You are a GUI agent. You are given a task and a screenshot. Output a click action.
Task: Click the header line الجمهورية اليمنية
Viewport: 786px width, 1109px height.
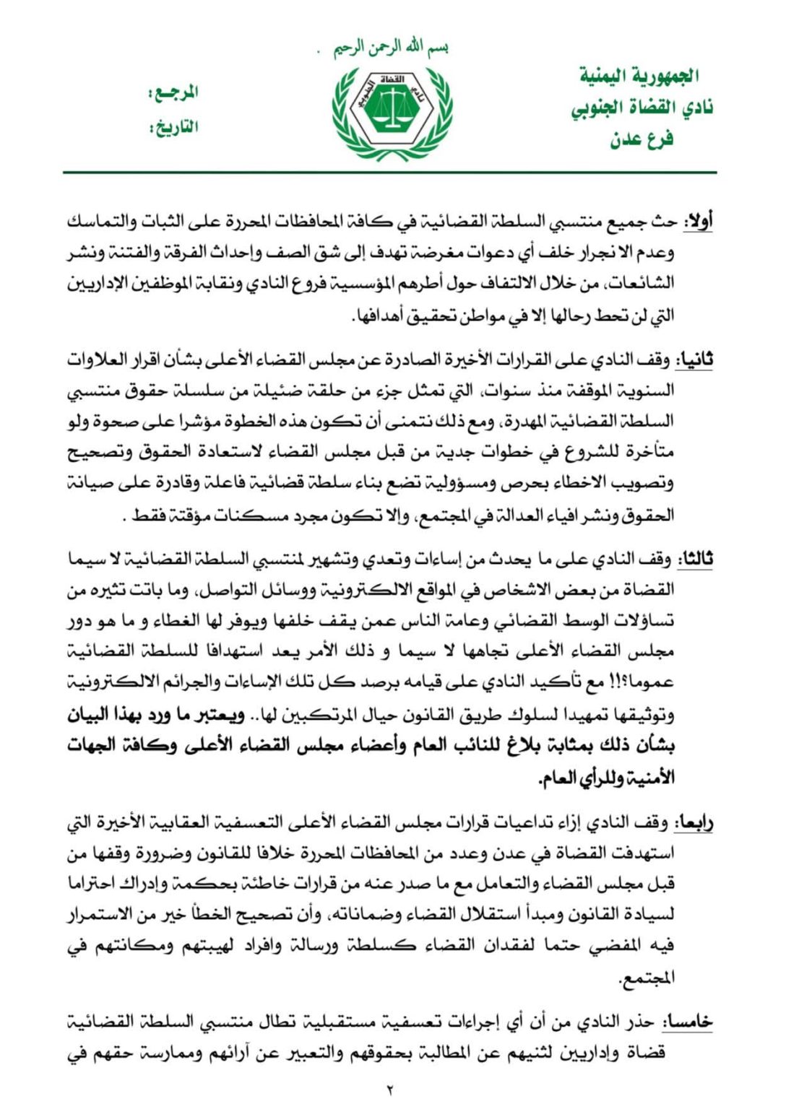pos(639,75)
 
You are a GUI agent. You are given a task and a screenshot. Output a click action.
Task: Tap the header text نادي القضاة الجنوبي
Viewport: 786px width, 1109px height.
pos(642,108)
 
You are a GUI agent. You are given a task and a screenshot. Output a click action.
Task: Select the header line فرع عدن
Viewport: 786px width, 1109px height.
pos(642,138)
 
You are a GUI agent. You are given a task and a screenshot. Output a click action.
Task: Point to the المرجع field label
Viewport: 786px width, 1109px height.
pos(173,92)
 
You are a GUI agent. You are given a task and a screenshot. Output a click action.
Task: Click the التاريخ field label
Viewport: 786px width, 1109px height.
pos(173,127)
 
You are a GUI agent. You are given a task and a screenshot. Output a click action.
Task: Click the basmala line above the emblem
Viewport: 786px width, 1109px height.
pos(391,48)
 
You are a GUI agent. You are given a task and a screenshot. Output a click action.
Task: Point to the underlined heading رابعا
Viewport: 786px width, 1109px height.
pos(694,822)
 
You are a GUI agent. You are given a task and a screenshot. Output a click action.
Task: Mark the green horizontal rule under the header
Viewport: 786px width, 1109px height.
pos(390,173)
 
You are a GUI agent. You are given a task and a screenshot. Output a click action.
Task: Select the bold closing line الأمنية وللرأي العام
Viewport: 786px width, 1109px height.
pos(606,778)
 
